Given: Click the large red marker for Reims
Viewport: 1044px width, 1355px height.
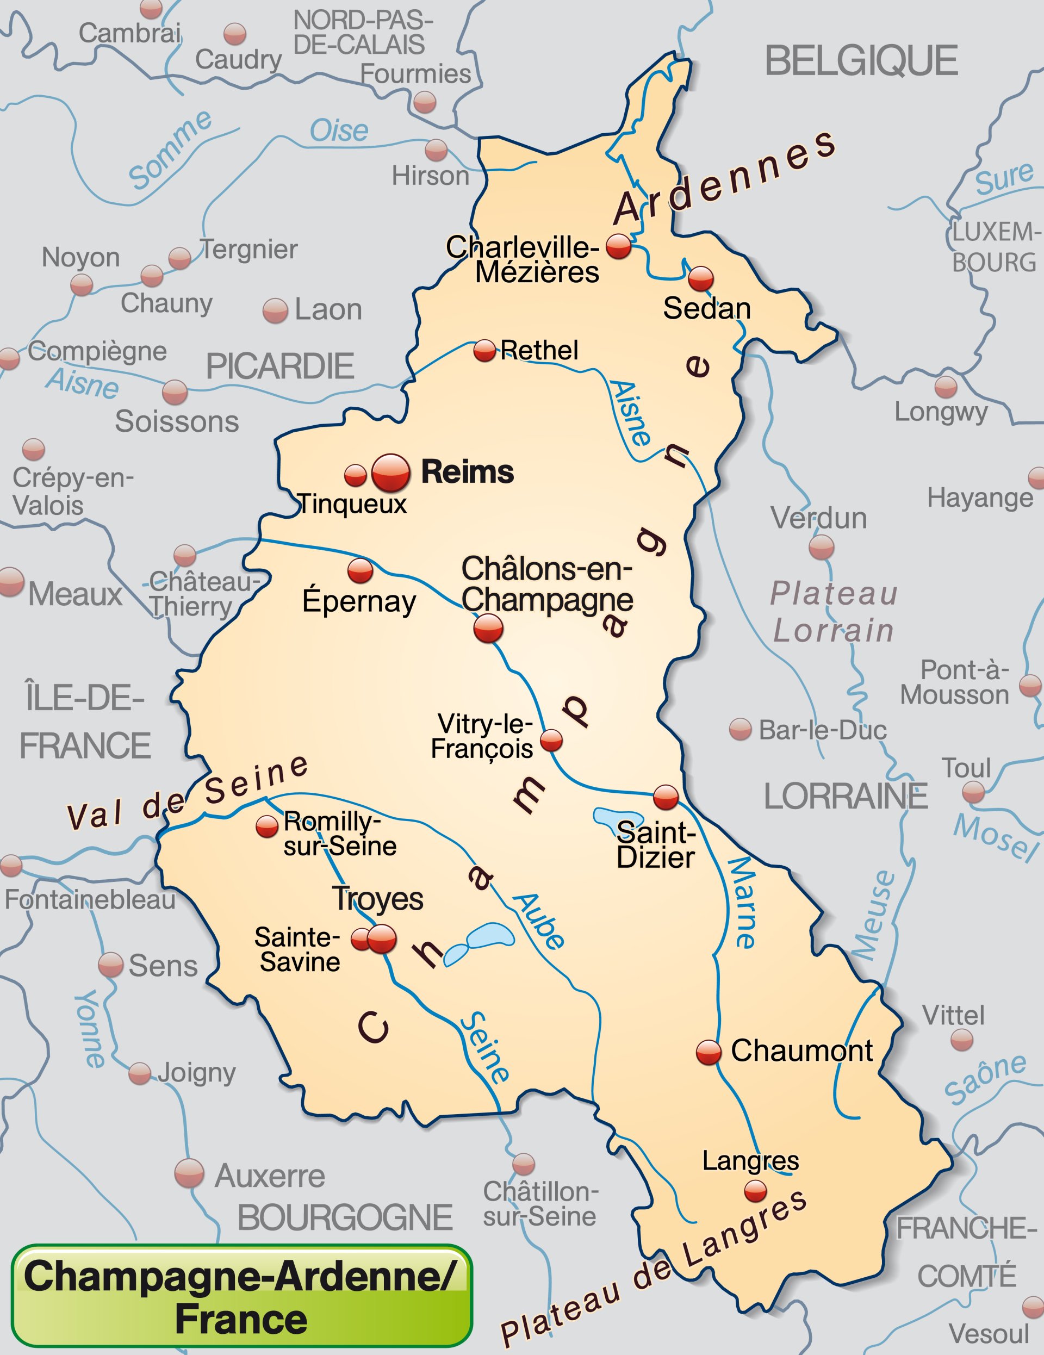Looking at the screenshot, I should pos(391,473).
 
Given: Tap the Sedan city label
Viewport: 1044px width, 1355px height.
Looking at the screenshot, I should pos(706,308).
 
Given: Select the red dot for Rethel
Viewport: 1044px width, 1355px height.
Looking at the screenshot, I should pos(484,351).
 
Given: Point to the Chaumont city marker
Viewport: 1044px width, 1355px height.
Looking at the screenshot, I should pos(709,1052).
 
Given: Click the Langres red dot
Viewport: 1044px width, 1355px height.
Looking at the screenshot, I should pos(755,1191).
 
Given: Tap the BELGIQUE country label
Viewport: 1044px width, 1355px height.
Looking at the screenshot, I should pos(861,61).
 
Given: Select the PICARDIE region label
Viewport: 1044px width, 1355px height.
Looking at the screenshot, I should pos(280,366).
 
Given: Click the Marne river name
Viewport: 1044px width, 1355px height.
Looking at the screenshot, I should pos(742,903).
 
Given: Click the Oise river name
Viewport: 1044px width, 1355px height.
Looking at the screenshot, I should pos(339,131).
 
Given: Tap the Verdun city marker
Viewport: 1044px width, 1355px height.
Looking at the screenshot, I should pos(821,547).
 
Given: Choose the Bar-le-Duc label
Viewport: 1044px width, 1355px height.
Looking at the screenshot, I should pos(822,730).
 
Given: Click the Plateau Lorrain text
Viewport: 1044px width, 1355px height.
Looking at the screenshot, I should pos(833,612).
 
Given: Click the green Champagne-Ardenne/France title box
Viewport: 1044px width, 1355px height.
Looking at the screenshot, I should pos(242,1296).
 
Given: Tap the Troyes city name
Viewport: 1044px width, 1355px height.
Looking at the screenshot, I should pos(378,899).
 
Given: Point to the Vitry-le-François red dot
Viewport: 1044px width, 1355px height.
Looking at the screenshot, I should pos(551,740).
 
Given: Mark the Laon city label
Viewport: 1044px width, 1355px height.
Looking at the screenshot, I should pos(327,309).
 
